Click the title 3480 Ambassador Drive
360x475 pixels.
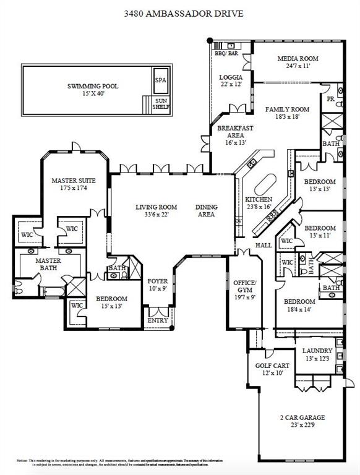180,13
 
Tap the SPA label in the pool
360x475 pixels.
160,80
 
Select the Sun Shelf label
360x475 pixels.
160,103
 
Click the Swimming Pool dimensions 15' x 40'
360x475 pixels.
92,94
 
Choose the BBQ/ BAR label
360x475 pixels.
226,54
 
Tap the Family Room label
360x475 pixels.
287,109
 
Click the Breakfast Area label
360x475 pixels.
231,132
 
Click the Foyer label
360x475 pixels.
157,281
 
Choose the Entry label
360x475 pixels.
157,320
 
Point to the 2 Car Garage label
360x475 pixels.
302,417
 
